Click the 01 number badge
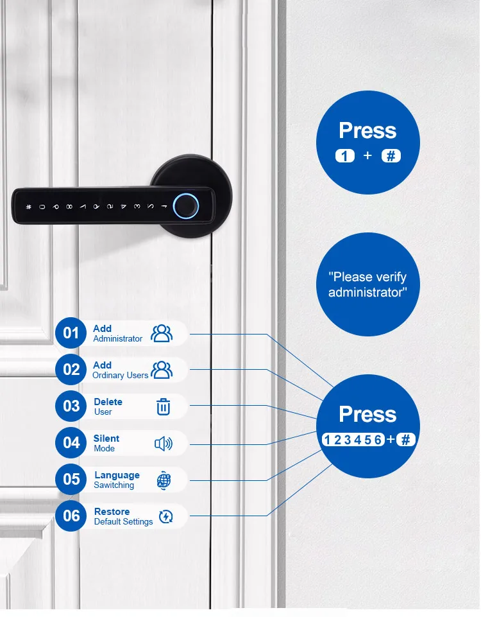[x=71, y=333]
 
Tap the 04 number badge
[x=71, y=443]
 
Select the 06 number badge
[x=71, y=516]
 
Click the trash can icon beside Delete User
[x=164, y=406]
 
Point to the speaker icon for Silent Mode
[x=164, y=443]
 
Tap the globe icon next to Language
[x=164, y=480]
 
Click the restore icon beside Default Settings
[x=165, y=516]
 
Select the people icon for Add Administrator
[x=162, y=333]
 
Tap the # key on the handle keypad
[x=28, y=207]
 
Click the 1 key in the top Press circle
[x=345, y=155]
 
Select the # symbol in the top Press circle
[x=391, y=155]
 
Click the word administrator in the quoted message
[x=367, y=292]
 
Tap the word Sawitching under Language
[x=114, y=485]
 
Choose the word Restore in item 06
[x=112, y=512]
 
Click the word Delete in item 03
[x=108, y=402]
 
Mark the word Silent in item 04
[x=106, y=439]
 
